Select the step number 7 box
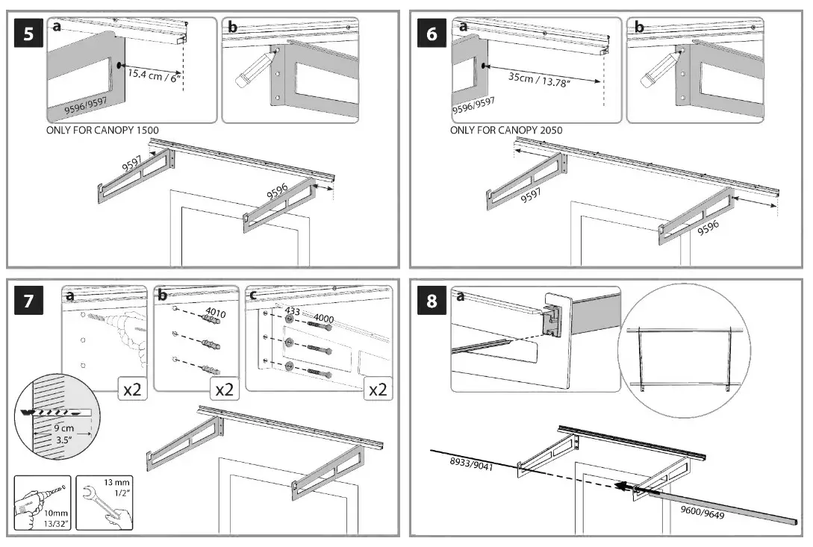point(28,301)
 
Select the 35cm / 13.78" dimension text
point(539,78)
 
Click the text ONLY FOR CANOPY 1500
point(102,131)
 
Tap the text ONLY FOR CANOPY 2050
point(506,131)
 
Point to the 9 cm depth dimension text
point(64,430)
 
